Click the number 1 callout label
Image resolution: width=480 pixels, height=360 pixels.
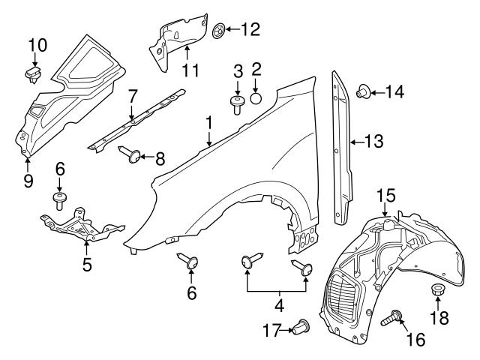click(210, 121)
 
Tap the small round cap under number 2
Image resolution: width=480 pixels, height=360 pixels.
click(256, 97)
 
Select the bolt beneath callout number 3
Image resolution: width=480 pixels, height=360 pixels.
click(238, 103)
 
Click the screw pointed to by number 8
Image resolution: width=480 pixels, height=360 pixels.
click(130, 155)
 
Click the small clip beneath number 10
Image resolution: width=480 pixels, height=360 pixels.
click(33, 73)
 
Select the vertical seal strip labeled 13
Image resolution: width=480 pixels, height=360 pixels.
click(342, 146)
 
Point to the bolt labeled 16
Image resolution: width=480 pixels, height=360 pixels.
click(393, 322)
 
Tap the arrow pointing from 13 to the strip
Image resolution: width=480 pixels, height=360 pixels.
click(356, 140)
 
